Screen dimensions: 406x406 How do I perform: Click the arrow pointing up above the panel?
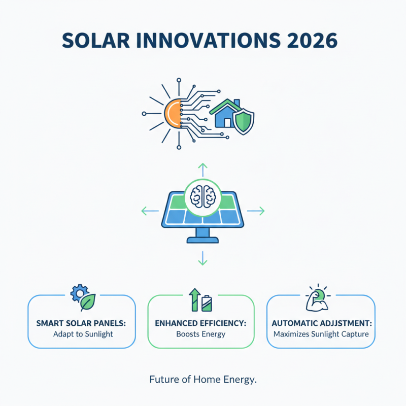[x=202, y=169]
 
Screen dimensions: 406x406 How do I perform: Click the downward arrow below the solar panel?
[x=202, y=259]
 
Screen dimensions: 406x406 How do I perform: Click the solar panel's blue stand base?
[x=202, y=238]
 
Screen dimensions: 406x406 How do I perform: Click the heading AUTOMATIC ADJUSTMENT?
[x=321, y=323]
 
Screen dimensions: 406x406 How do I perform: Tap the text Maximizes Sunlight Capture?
[x=321, y=334]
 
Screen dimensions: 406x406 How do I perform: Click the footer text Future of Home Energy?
[x=203, y=379]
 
